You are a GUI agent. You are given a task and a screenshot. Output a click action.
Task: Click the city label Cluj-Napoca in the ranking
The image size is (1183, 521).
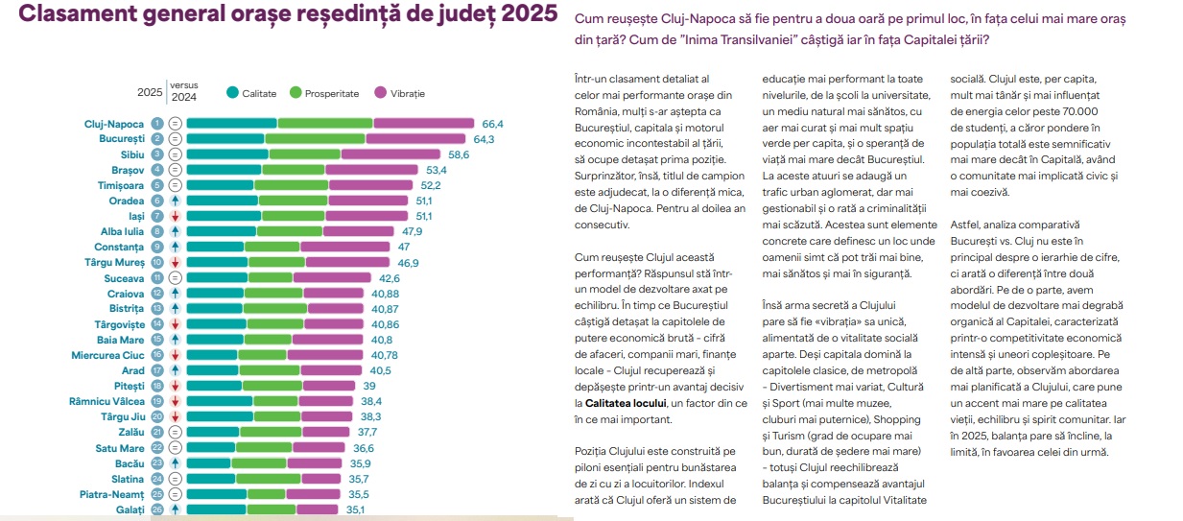click(x=114, y=124)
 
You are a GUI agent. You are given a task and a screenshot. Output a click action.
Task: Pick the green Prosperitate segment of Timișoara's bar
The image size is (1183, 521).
click(x=291, y=185)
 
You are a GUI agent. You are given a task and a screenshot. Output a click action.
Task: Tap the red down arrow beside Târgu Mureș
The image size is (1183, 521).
click(x=175, y=262)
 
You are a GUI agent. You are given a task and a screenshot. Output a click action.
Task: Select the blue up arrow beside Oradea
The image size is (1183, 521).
click(x=175, y=201)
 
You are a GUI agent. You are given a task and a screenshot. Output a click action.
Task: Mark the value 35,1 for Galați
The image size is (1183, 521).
click(x=355, y=509)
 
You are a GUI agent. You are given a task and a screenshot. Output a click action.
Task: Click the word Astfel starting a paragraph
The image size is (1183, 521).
click(x=967, y=223)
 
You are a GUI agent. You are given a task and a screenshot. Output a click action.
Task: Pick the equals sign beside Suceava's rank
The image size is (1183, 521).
click(x=175, y=277)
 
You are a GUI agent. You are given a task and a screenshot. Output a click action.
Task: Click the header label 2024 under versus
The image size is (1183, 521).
click(x=184, y=97)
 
